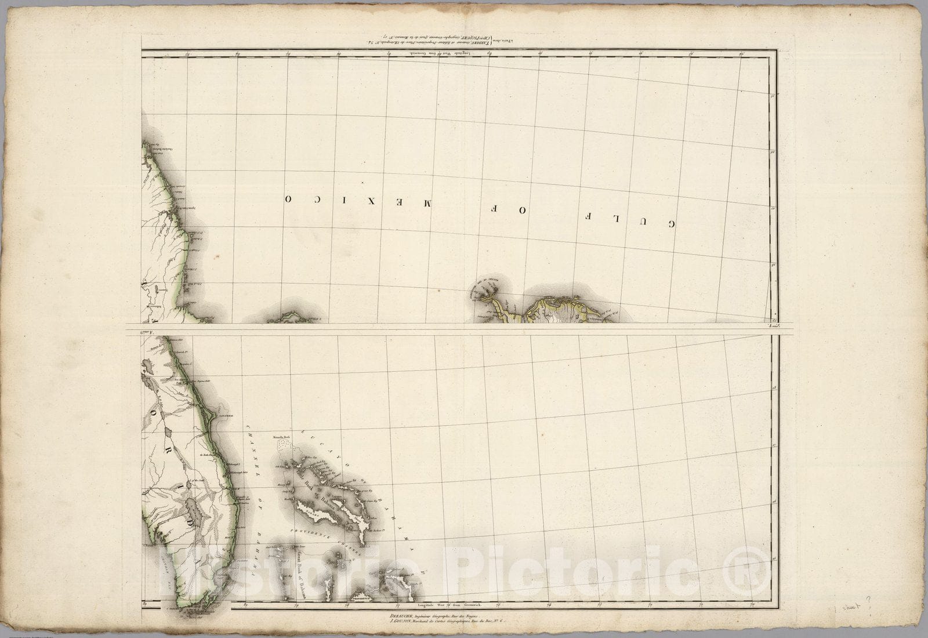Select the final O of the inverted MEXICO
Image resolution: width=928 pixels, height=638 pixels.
(x=288, y=198)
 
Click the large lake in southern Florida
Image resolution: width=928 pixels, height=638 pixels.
(x=194, y=511)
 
